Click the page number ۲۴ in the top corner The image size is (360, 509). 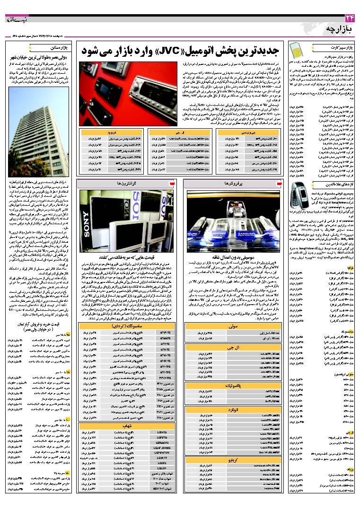click(350, 18)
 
